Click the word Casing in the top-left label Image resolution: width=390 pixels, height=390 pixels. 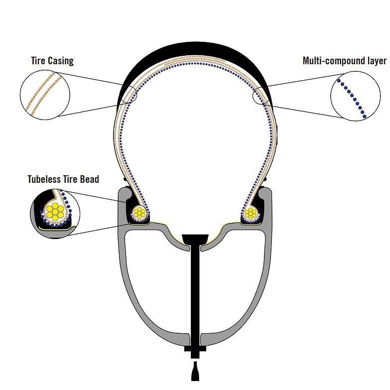pos(61,61)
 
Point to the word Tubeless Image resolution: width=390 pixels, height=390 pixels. pos(44,179)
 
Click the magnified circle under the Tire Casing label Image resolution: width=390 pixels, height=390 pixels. pos(45,95)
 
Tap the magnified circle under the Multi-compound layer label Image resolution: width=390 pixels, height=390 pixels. pos(356,96)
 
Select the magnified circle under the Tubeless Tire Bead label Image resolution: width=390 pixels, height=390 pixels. pos(55,214)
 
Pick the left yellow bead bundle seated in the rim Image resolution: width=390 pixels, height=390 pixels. pos(139,213)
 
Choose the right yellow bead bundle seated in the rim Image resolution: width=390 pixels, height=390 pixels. pos(251,213)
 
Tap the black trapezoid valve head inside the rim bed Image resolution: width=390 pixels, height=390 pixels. pos(195,239)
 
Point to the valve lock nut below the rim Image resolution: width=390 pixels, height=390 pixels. pos(195,352)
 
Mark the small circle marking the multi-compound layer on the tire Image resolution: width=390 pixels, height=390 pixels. pos(260,96)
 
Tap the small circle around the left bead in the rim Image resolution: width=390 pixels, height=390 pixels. pos(140,213)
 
